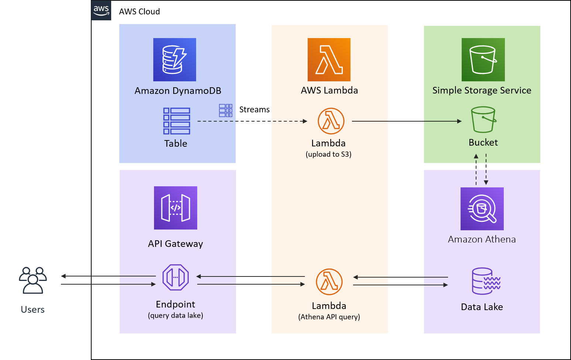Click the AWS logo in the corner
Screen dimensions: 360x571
click(x=101, y=10)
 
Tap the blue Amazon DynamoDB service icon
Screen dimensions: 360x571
click(x=175, y=60)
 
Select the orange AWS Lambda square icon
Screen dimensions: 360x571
click(x=329, y=60)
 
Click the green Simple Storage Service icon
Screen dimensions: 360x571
click(x=483, y=60)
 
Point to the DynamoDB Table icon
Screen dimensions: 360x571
click(x=177, y=121)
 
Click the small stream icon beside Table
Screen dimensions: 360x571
click(x=226, y=111)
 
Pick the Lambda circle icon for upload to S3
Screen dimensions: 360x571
click(x=331, y=121)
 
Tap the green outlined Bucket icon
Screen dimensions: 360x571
click(x=483, y=120)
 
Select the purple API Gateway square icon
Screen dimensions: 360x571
click(x=175, y=208)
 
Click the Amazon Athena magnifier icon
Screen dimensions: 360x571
click(x=482, y=209)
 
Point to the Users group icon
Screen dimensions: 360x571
click(x=33, y=280)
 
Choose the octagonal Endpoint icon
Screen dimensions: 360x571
click(x=175, y=277)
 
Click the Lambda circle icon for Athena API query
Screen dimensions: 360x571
click(x=329, y=282)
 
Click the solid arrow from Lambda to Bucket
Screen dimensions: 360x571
click(x=406, y=121)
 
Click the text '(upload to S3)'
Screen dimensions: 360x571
click(x=328, y=154)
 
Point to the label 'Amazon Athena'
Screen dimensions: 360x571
click(x=482, y=240)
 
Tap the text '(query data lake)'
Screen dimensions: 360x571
click(x=175, y=316)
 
